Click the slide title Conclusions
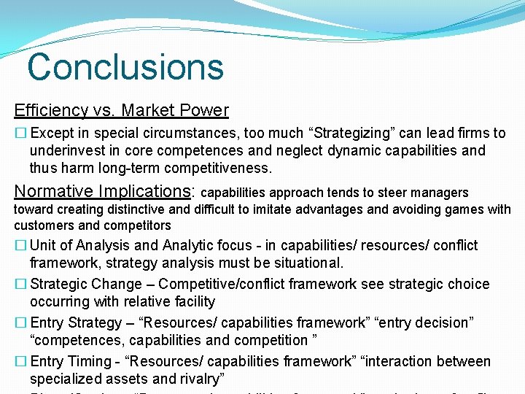pyautogui.click(x=125, y=66)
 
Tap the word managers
pyautogui.click(x=442, y=193)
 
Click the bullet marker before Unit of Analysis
pyautogui.click(x=20, y=245)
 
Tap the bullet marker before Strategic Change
pyautogui.click(x=20, y=284)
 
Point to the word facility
pyautogui.click(x=192, y=301)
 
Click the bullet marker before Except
pyautogui.click(x=20, y=133)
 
